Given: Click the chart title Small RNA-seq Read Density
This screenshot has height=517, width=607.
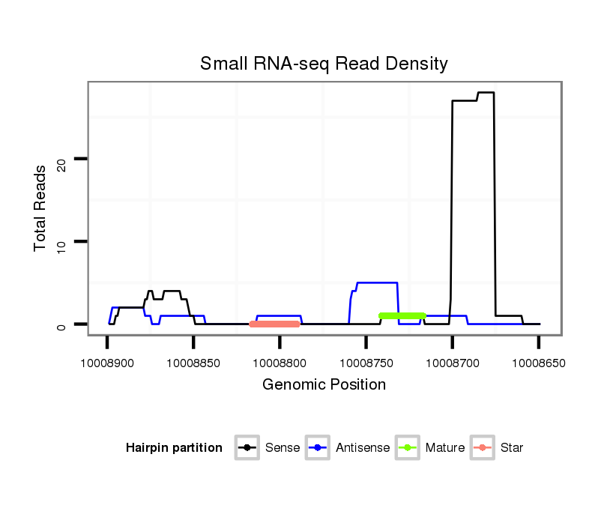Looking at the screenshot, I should [x=324, y=64].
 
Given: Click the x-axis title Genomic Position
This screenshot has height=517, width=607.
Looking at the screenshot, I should [x=324, y=385].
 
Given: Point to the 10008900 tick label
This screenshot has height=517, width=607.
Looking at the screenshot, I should [x=107, y=363].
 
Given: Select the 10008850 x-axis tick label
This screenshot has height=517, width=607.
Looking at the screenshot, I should [x=193, y=363].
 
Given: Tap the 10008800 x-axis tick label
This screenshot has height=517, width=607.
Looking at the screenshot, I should [x=280, y=363].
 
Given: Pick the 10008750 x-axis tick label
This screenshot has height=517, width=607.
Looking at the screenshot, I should [x=366, y=363].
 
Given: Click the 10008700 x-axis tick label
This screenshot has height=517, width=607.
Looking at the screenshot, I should [x=452, y=363].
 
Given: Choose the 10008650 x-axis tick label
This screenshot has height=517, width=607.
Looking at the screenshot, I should [x=538, y=363].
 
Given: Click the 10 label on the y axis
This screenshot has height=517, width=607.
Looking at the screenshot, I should [x=62, y=241].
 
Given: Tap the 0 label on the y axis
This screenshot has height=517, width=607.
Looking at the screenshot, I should [x=62, y=324].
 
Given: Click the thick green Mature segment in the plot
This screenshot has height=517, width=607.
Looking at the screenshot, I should [x=402, y=316].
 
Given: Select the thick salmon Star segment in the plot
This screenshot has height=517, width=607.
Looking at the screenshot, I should [x=274, y=324].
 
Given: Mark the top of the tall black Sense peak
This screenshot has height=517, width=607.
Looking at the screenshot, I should [x=486, y=93].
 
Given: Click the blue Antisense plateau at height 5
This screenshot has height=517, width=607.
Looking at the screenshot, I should [x=376, y=282].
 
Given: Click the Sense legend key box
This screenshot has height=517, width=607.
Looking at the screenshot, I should [x=247, y=448].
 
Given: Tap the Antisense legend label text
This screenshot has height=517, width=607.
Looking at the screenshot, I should [x=363, y=448].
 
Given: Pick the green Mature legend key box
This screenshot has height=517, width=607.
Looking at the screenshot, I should [x=408, y=448].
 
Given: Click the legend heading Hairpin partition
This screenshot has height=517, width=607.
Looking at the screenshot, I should [x=174, y=448].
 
